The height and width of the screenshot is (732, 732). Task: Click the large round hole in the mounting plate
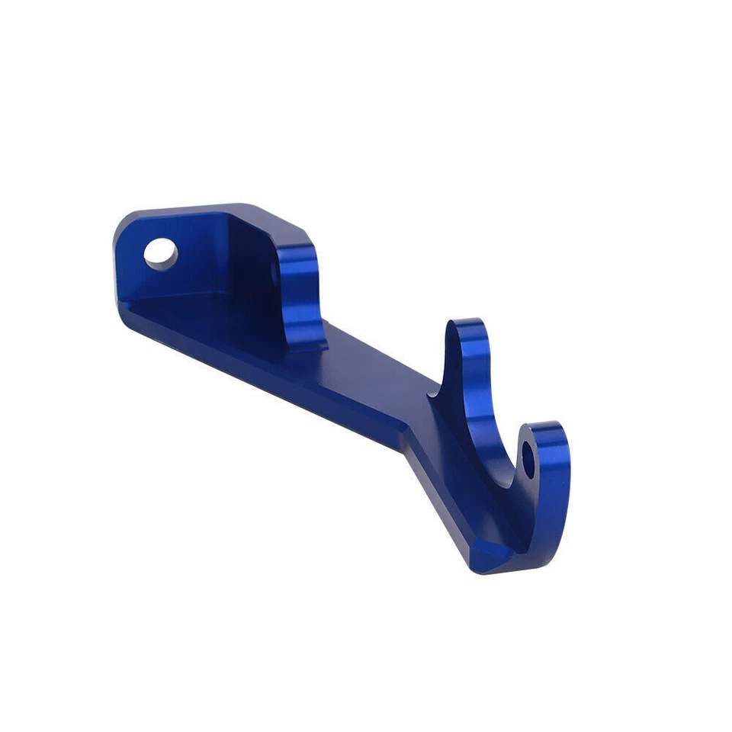point(160,252)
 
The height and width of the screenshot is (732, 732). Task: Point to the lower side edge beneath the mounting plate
point(191,343)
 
